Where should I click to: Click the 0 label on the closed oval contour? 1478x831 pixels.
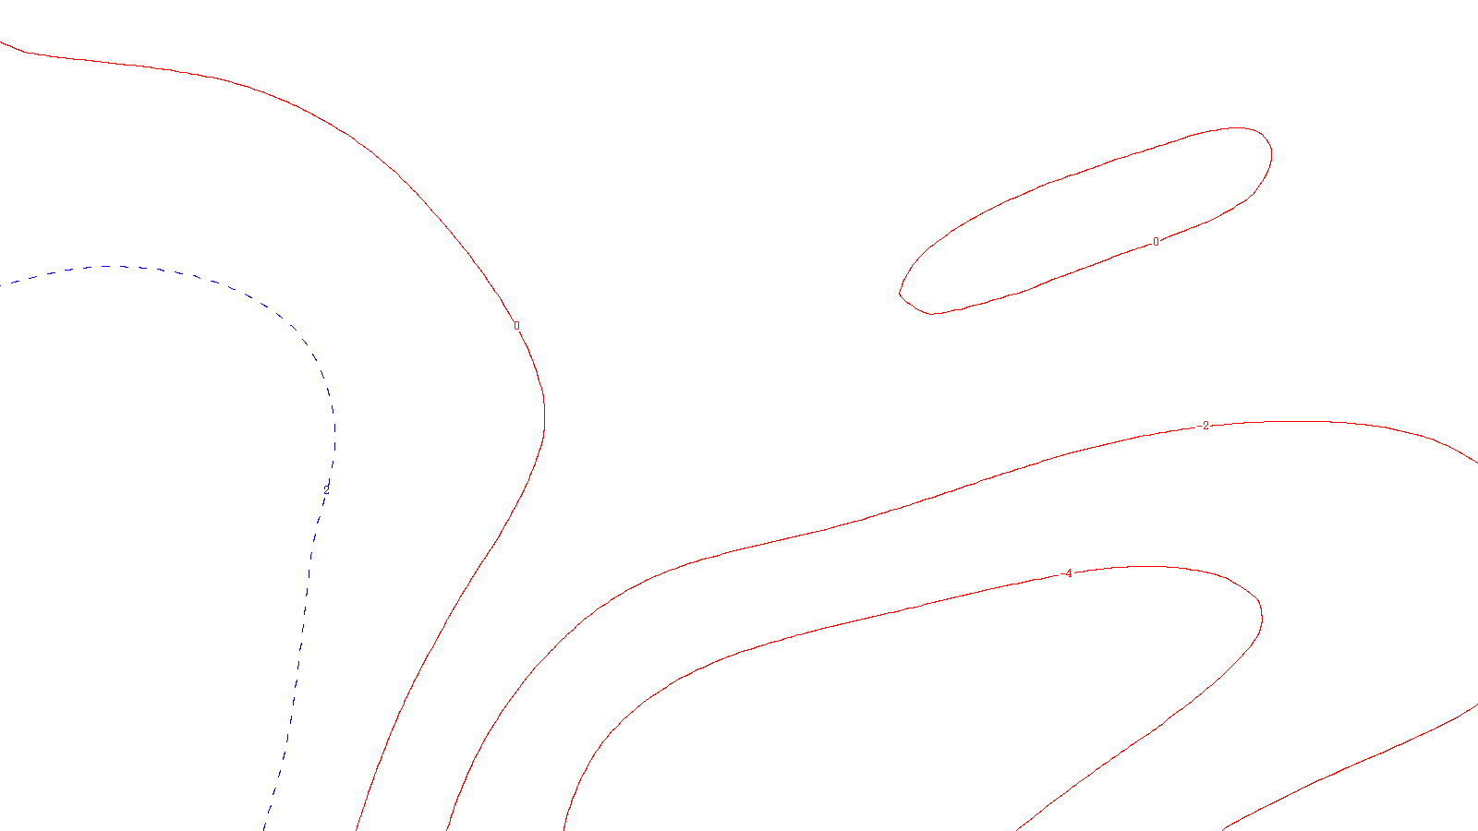coord(1156,242)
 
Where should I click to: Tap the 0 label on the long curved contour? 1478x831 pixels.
coord(516,326)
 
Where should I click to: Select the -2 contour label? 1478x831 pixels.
coord(1204,426)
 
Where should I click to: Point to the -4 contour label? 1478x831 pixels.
coord(1068,573)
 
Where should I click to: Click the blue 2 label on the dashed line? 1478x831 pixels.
coord(326,488)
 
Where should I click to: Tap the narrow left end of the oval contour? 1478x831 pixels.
coord(902,294)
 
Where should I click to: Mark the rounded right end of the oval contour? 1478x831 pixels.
coord(1271,152)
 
